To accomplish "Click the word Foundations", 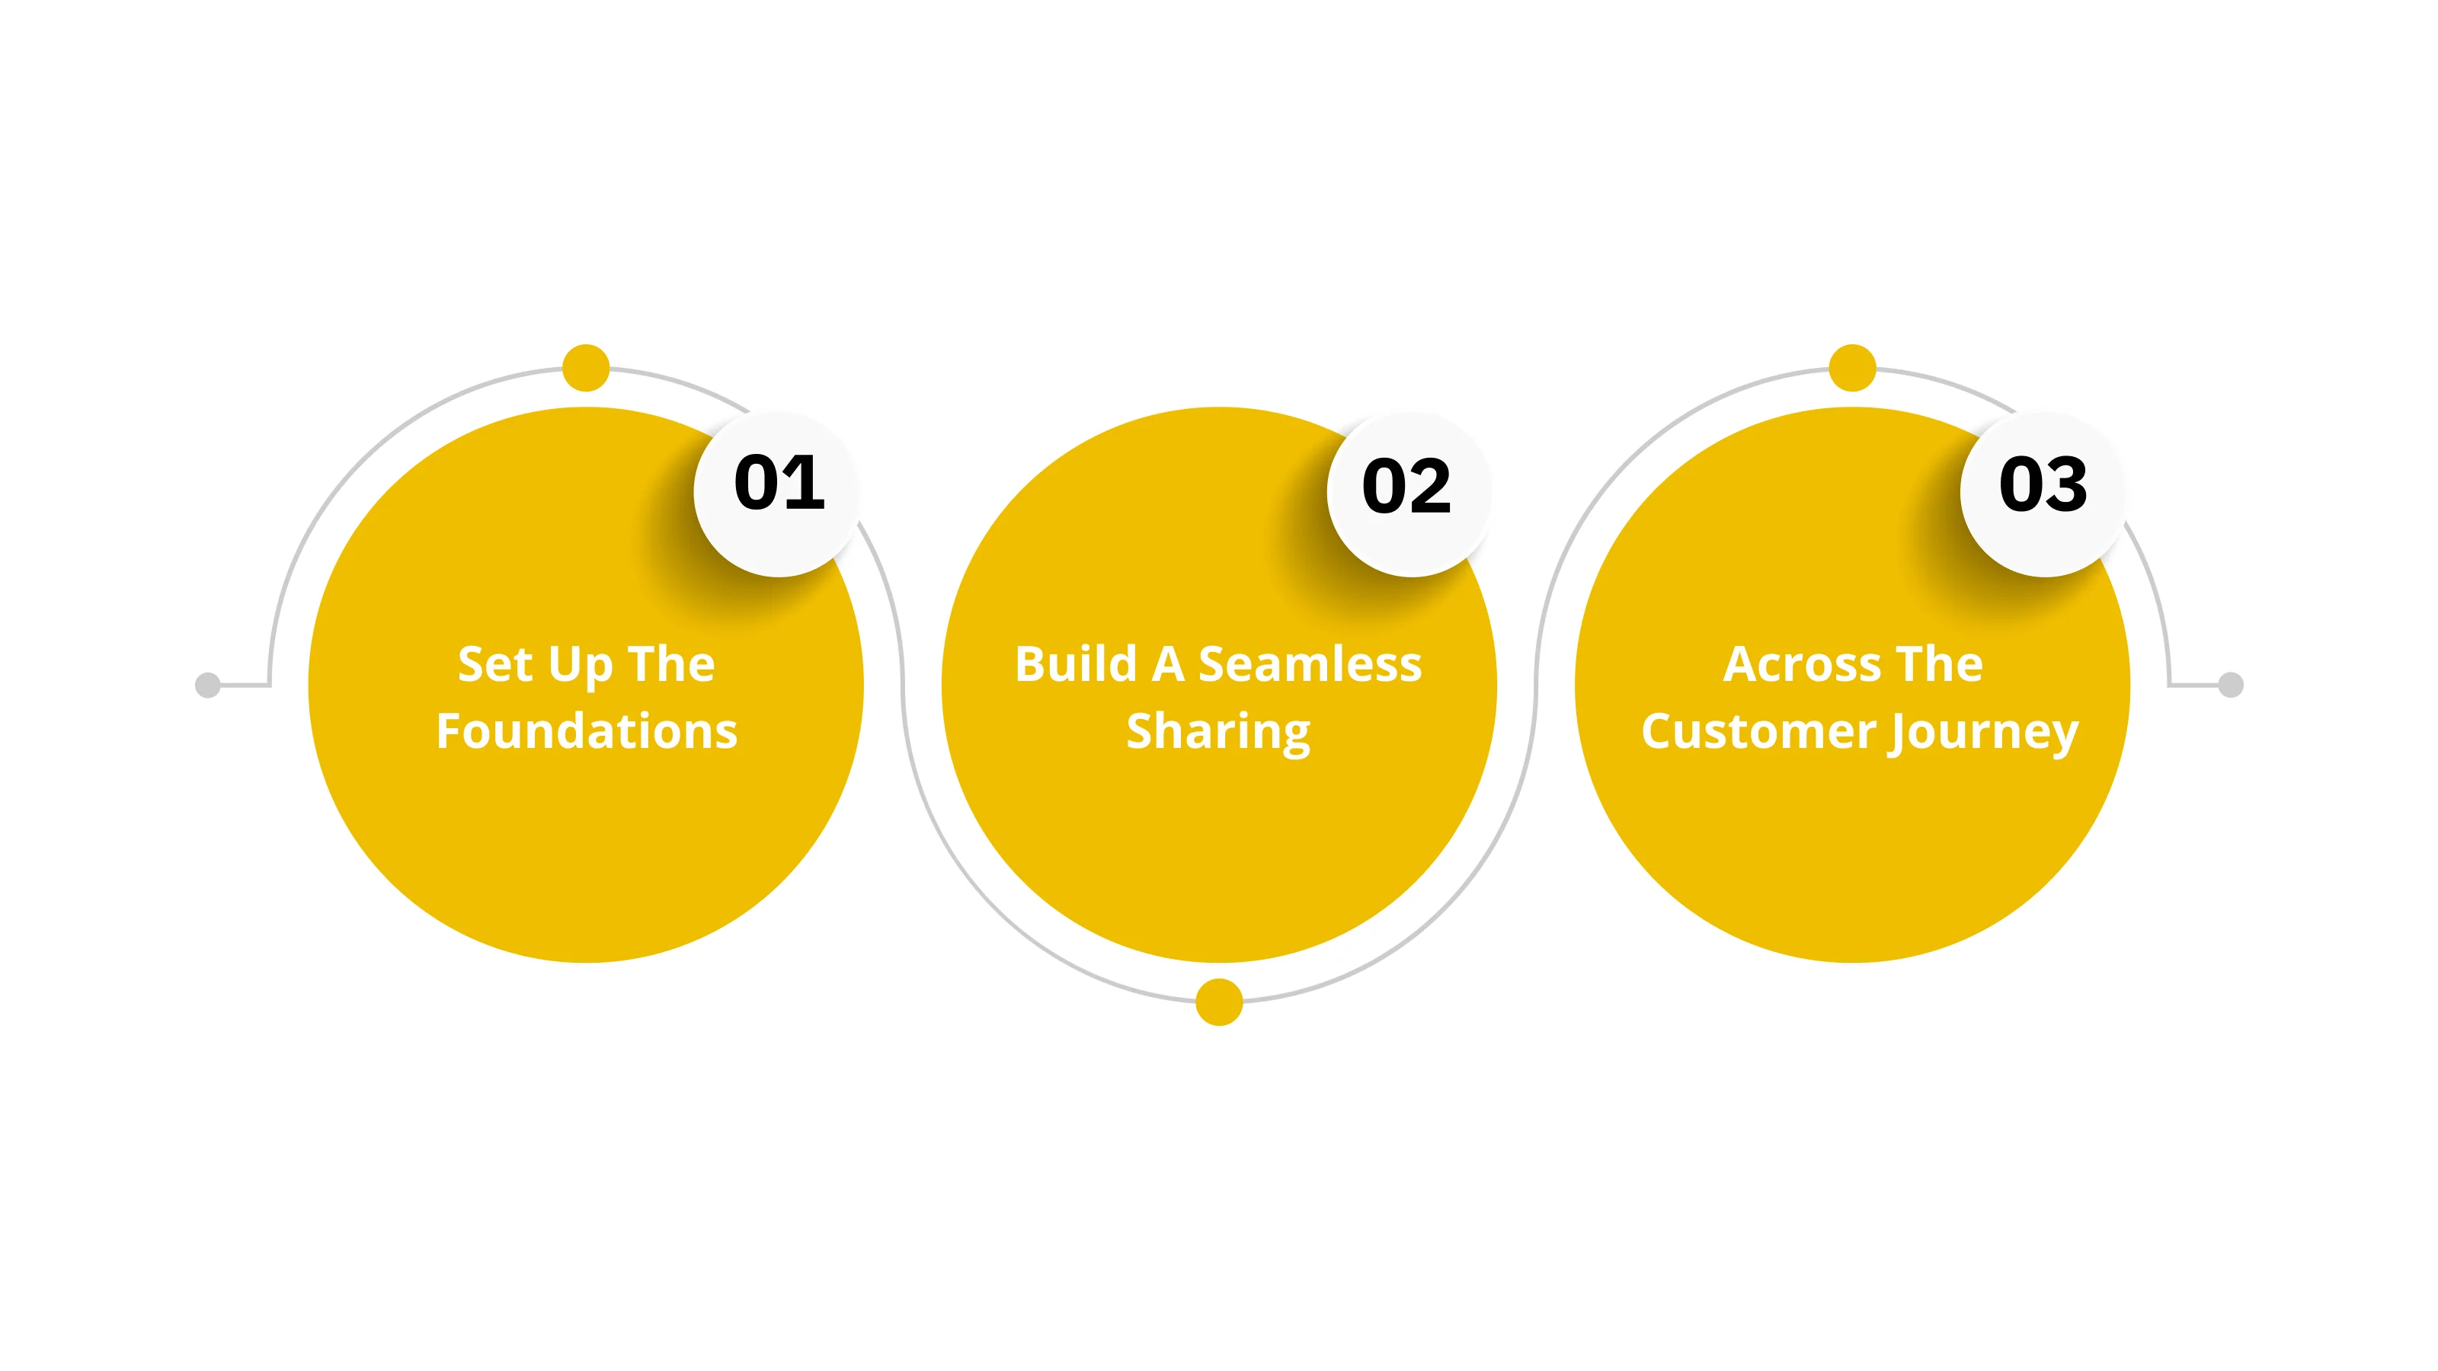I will click(587, 731).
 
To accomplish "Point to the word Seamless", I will click(1310, 664).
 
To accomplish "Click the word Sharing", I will click(1218, 731).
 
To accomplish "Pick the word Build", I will click(1075, 664).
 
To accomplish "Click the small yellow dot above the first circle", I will click(586, 368).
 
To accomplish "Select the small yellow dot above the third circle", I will click(1852, 368).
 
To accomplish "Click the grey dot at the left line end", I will click(207, 685).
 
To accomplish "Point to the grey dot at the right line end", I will click(2231, 685).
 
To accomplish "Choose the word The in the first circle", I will click(671, 664).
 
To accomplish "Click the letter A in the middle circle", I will click(1168, 664).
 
